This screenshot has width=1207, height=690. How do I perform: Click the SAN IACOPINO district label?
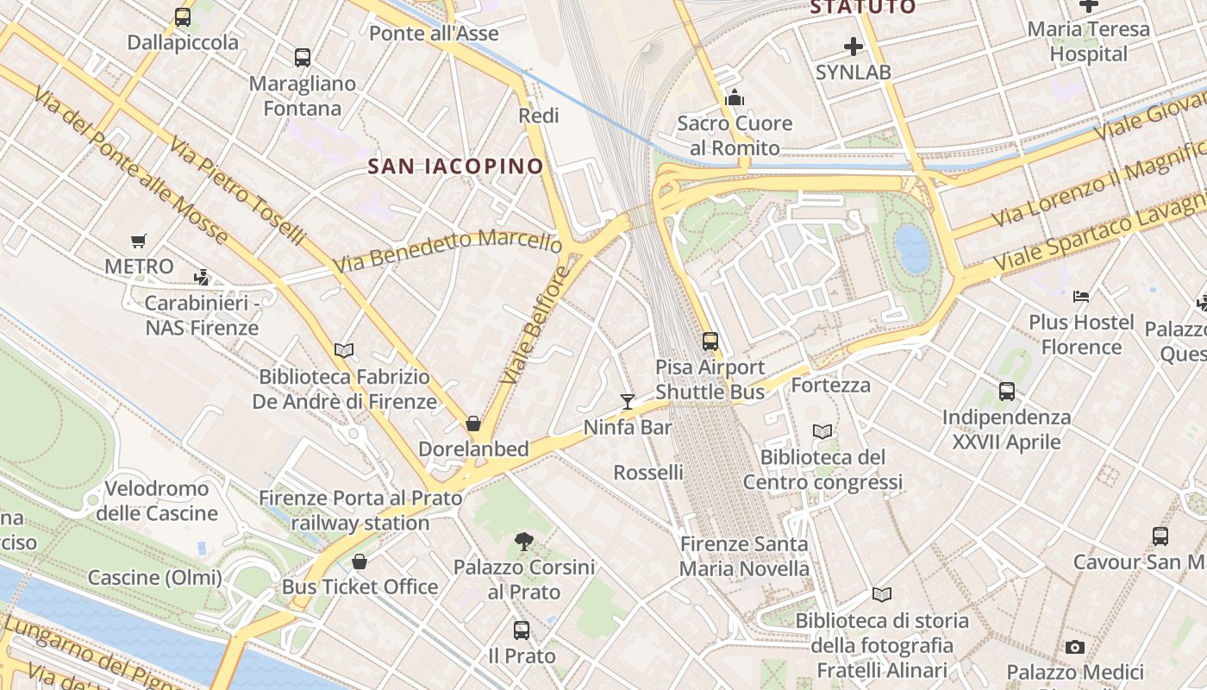pyautogui.click(x=456, y=166)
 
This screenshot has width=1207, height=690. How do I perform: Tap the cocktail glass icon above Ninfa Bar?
pyautogui.click(x=628, y=402)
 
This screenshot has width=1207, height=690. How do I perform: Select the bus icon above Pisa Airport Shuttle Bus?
pyautogui.click(x=710, y=342)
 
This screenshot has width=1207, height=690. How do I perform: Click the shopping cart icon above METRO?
pyautogui.click(x=139, y=241)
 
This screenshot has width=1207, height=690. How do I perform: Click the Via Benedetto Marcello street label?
pyautogui.click(x=448, y=250)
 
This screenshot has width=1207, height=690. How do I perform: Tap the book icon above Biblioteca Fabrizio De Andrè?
pyautogui.click(x=344, y=350)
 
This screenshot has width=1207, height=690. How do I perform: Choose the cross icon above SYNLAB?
pyautogui.click(x=854, y=47)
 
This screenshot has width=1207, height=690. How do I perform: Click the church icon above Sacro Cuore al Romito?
pyautogui.click(x=735, y=97)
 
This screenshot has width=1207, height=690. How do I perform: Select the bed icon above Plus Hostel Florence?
pyautogui.click(x=1081, y=297)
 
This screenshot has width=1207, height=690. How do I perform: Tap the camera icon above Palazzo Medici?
pyautogui.click(x=1074, y=647)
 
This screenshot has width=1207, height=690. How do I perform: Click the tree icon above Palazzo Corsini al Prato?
pyautogui.click(x=523, y=542)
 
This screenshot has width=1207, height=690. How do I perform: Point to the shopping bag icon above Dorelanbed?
pyautogui.click(x=472, y=423)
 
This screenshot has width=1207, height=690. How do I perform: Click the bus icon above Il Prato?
pyautogui.click(x=522, y=630)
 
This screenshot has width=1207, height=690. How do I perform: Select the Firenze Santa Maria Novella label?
pyautogui.click(x=744, y=556)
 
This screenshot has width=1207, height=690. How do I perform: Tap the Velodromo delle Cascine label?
pyautogui.click(x=156, y=501)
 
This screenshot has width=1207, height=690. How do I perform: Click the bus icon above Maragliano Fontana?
pyautogui.click(x=302, y=58)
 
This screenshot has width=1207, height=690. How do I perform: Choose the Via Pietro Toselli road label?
pyautogui.click(x=237, y=190)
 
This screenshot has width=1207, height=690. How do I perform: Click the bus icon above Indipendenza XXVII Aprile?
pyautogui.click(x=1006, y=392)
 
